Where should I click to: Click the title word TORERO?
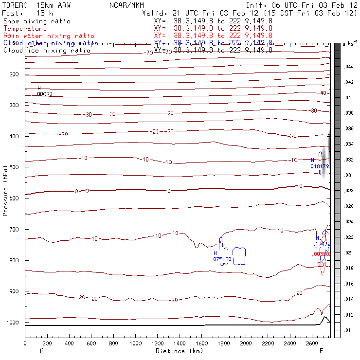pos(15,4)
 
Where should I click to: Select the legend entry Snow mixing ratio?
pos(37,21)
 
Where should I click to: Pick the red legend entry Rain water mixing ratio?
pos(49,36)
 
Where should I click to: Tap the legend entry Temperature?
pos(25,29)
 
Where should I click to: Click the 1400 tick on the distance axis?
pos(180,343)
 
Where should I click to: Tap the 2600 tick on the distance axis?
pos(312,343)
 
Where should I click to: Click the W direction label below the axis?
pos(41,351)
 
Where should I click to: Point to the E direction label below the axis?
pos(321,351)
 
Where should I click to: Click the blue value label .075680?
pos(221,260)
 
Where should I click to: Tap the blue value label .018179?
pos(319,166)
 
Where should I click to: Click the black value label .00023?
pos(44,94)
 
